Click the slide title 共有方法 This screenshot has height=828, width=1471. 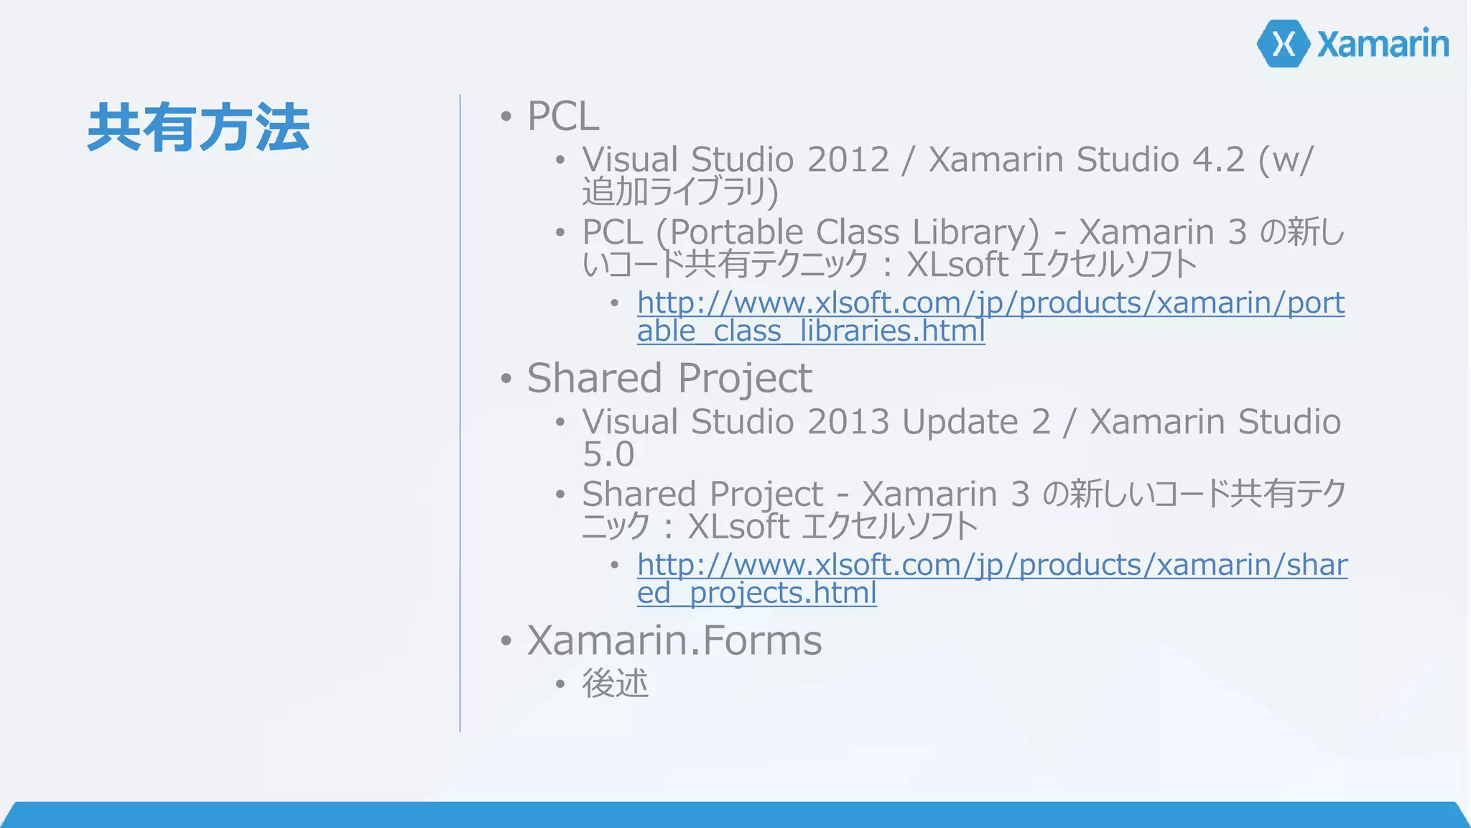[198, 127]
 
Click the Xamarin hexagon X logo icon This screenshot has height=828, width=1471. [1284, 44]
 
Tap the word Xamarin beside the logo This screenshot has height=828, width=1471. [1383, 44]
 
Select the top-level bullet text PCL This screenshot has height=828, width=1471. [563, 116]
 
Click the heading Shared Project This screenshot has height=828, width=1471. [669, 378]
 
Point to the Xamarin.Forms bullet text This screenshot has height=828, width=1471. [674, 640]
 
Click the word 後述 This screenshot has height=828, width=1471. [615, 683]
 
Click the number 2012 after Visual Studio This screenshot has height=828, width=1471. [848, 160]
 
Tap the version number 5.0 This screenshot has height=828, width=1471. [608, 454]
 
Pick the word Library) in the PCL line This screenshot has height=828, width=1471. [975, 232]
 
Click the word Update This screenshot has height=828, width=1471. [960, 422]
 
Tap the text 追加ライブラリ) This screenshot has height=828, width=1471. [680, 192]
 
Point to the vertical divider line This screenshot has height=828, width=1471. [460, 413]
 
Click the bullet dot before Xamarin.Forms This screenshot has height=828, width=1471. [506, 640]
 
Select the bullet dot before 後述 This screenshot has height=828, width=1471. [560, 684]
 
